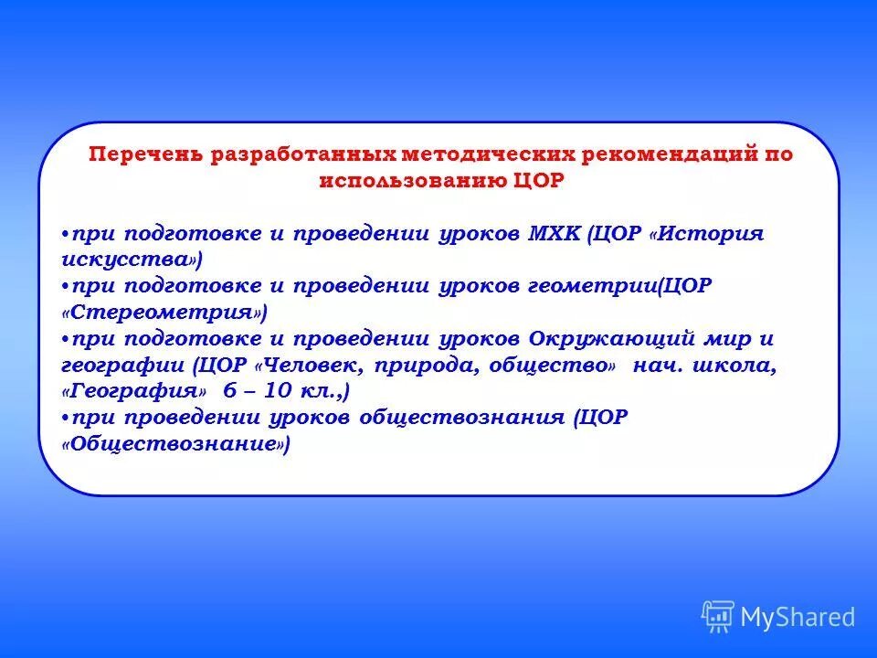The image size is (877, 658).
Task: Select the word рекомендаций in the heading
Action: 658,154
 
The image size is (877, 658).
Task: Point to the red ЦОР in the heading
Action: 540,181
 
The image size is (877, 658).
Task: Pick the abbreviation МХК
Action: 554,234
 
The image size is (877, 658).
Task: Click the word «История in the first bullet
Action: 705,234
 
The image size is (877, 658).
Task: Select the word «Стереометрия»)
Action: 164,313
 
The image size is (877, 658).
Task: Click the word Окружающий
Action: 618,338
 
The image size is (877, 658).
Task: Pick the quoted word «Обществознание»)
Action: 175,444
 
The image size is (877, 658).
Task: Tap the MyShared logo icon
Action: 717,617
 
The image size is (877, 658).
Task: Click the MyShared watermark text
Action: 798,618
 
